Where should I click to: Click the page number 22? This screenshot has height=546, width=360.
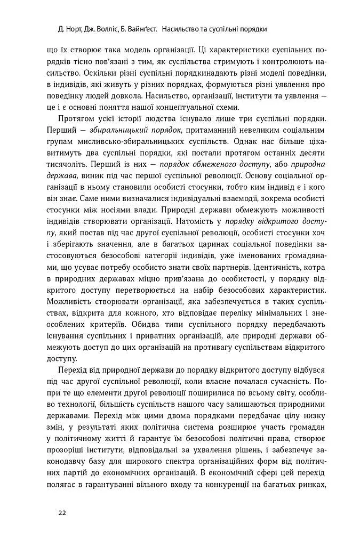[x=62, y=513]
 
